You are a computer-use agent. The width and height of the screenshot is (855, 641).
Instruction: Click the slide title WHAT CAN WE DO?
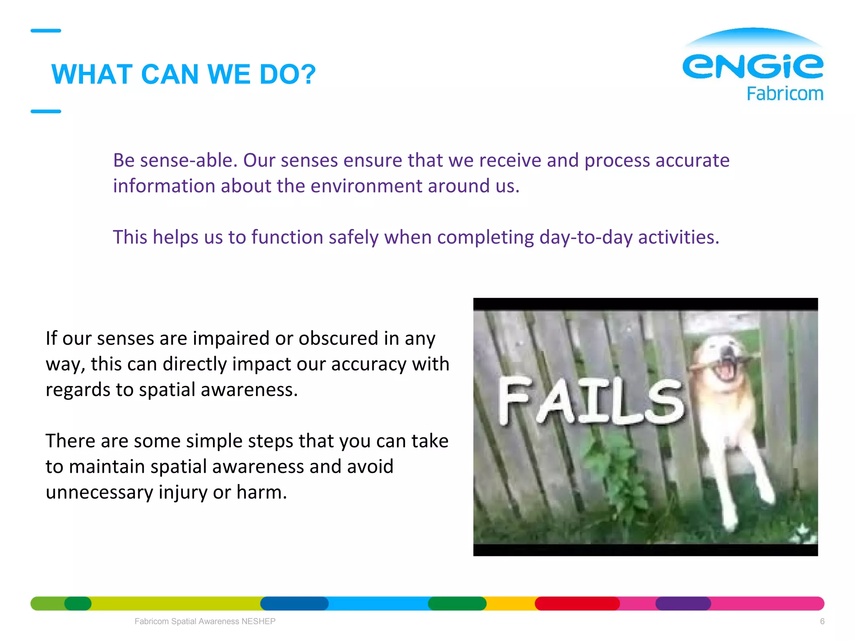tap(184, 75)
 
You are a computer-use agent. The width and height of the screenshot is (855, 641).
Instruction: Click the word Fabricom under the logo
tap(785, 94)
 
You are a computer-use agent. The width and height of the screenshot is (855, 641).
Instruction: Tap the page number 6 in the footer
tap(822, 621)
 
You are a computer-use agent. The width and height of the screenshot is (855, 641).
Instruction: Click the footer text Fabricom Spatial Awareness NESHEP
tap(205, 621)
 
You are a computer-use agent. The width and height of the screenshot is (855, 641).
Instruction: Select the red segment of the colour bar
tap(577, 603)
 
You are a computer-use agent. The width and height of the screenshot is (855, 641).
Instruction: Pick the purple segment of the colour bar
tap(683, 603)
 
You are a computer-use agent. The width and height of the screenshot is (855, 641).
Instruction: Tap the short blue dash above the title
tap(46, 30)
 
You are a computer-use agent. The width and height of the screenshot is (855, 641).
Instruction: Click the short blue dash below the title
tap(46, 111)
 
